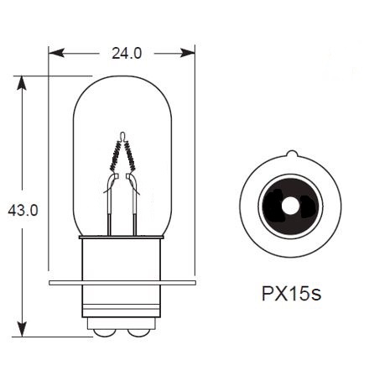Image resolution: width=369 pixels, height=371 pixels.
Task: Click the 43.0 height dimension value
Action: point(23,211)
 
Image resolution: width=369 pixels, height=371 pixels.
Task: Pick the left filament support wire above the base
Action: point(111,210)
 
